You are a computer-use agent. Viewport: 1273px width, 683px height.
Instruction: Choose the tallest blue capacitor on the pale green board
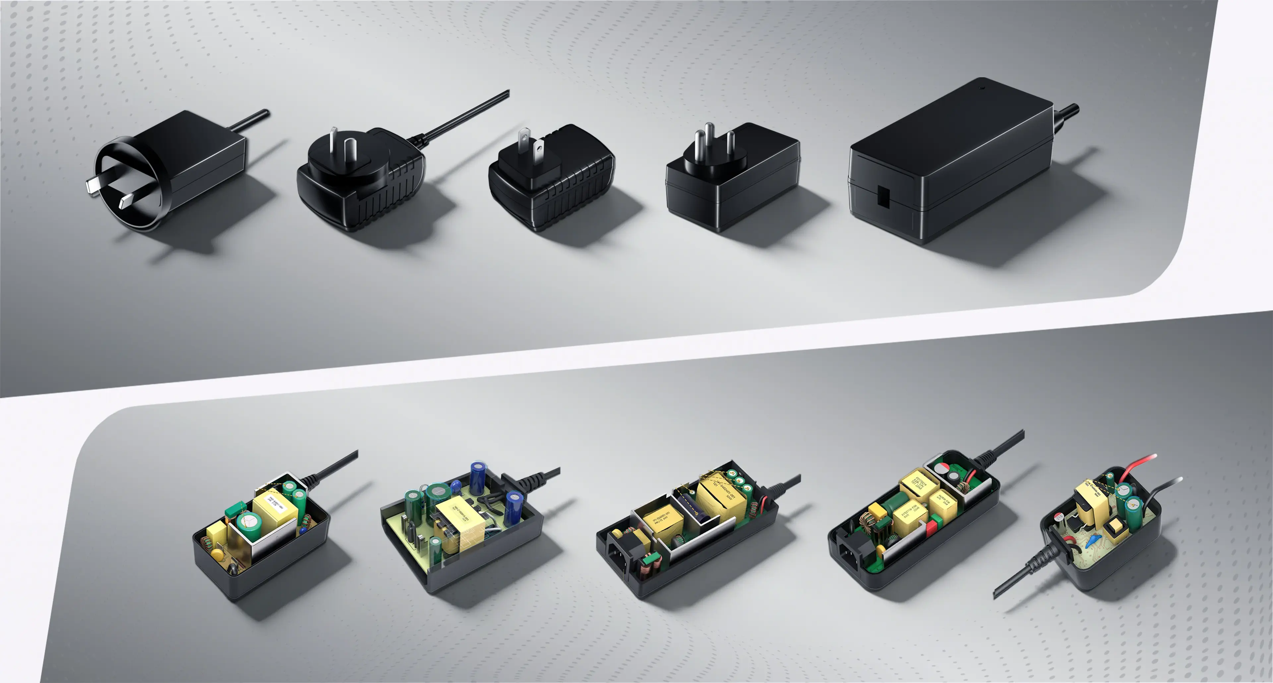(x=477, y=477)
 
